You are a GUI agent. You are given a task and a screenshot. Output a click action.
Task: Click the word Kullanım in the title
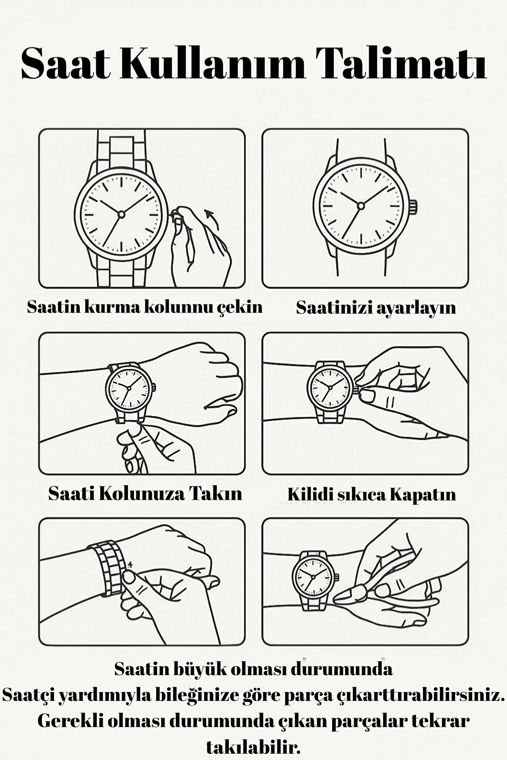[211, 64]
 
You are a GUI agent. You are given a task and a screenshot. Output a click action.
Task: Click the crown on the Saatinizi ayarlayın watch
[413, 207]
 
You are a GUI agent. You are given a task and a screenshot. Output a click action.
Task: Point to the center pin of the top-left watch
[121, 214]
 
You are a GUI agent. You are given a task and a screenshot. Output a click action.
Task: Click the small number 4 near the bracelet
[130, 564]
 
